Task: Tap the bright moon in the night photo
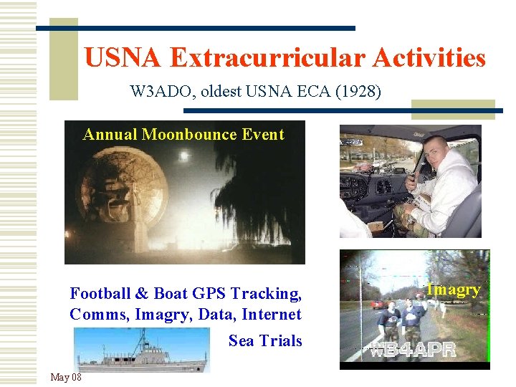[x=187, y=155]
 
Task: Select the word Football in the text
[x=100, y=293]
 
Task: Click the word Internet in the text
[x=272, y=315]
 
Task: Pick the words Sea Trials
[x=265, y=340]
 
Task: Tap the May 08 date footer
[x=66, y=377]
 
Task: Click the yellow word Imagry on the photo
[x=453, y=290]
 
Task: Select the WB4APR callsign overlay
[x=413, y=351]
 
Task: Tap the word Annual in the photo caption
[x=110, y=135]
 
